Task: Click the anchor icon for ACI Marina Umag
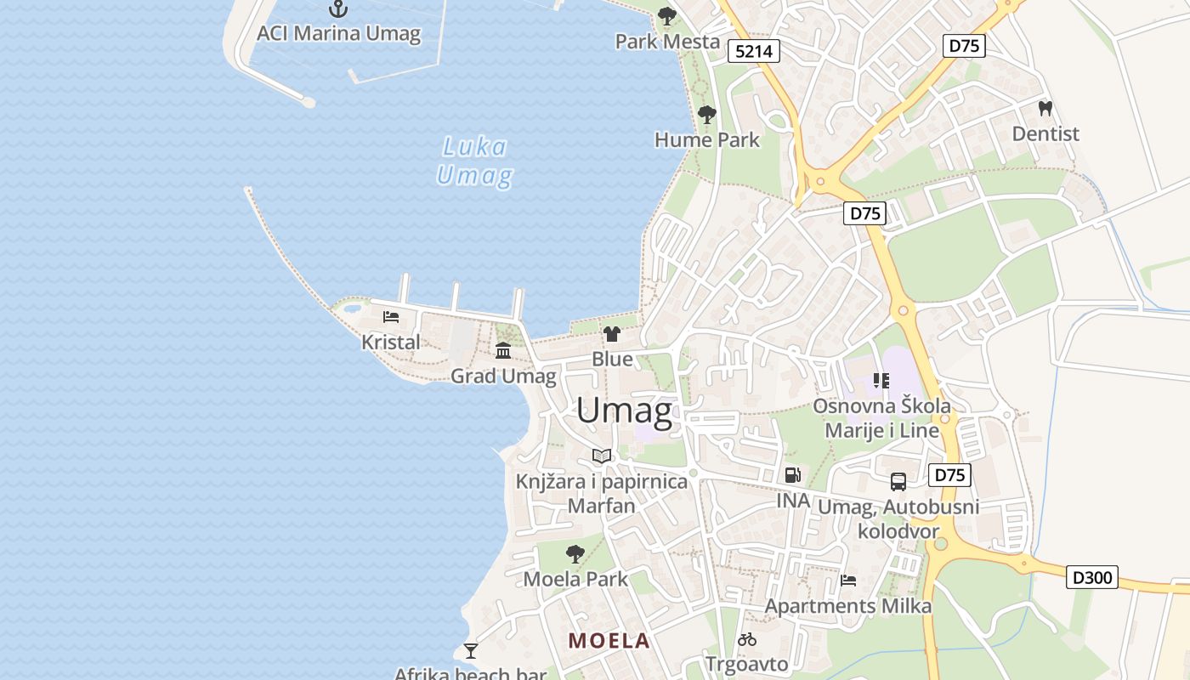pyautogui.click(x=338, y=9)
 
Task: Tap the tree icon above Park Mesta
pyautogui.click(x=667, y=16)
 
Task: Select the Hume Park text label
pyautogui.click(x=706, y=139)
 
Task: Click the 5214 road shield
pyautogui.click(x=754, y=51)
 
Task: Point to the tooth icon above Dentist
pyautogui.click(x=1045, y=109)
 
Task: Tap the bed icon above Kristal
pyautogui.click(x=391, y=317)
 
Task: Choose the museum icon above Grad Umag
pyautogui.click(x=503, y=350)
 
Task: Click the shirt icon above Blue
pyautogui.click(x=612, y=334)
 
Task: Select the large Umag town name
pyautogui.click(x=625, y=411)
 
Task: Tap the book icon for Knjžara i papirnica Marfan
pyautogui.click(x=602, y=456)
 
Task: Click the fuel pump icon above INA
pyautogui.click(x=792, y=475)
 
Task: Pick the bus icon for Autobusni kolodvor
pyautogui.click(x=898, y=482)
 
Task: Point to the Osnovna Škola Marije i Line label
pyautogui.click(x=881, y=418)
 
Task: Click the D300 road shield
pyautogui.click(x=1091, y=578)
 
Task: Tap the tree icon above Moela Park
pyautogui.click(x=575, y=554)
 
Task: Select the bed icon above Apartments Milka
pyautogui.click(x=847, y=581)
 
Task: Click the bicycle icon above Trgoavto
pyautogui.click(x=747, y=639)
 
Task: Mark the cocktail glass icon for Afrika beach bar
pyautogui.click(x=470, y=651)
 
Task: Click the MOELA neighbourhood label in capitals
pyautogui.click(x=609, y=641)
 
